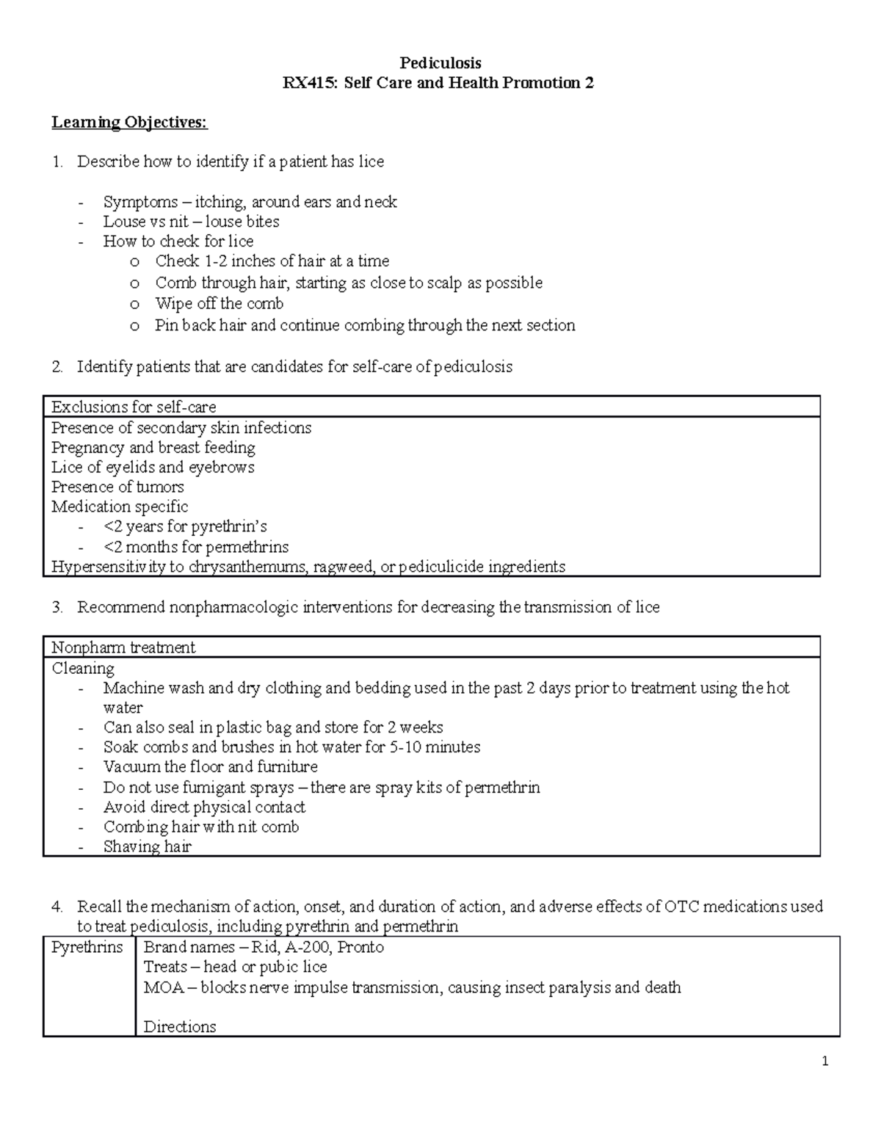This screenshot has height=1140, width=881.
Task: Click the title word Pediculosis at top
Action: [440, 63]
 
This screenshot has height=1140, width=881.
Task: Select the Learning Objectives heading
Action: [129, 122]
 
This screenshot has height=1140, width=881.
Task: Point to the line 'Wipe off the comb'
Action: [219, 303]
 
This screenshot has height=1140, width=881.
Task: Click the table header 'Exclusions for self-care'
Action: [134, 407]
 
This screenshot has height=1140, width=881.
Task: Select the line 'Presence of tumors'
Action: [117, 487]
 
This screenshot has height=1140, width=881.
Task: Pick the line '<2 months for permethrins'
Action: [196, 547]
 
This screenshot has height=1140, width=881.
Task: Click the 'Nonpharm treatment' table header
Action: [123, 647]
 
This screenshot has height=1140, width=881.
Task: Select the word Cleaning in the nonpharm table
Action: [83, 668]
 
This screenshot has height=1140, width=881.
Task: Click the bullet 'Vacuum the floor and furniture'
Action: [210, 766]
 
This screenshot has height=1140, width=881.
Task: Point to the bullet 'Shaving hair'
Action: [147, 846]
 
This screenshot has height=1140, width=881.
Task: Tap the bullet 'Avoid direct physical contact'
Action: [204, 807]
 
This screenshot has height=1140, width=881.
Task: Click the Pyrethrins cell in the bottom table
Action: [87, 947]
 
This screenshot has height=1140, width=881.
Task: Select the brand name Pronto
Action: [360, 947]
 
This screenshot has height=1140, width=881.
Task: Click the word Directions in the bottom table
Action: [180, 1026]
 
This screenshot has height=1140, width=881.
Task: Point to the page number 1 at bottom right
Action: [825, 1061]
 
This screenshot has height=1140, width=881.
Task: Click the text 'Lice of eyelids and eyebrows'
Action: [153, 467]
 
